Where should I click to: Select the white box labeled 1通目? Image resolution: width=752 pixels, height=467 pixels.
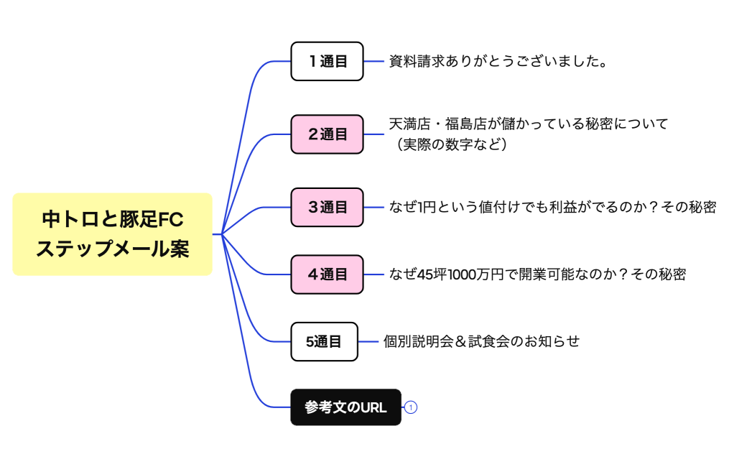327,61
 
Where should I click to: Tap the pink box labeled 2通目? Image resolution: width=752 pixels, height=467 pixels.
327,134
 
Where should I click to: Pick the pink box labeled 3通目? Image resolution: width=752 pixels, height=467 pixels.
327,207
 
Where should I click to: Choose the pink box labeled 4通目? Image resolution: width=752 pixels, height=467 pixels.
327,274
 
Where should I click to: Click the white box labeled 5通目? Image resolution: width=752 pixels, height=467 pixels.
324,341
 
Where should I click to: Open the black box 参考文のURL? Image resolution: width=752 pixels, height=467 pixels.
345,407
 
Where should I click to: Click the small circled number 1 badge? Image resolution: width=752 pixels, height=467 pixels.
411,407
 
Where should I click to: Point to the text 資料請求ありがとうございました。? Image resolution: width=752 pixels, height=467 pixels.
498,61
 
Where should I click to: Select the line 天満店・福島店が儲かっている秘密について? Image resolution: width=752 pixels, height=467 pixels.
529,124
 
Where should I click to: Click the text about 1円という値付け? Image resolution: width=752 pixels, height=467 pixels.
552,207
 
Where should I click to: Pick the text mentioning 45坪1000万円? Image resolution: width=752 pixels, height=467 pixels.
537,274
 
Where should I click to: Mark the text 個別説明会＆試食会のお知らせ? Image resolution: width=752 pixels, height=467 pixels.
481,341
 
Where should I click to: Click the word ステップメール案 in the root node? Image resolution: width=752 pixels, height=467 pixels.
113,249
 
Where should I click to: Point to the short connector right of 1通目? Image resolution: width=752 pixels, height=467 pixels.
374,61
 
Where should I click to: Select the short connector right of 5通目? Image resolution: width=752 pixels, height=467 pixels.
368,341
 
